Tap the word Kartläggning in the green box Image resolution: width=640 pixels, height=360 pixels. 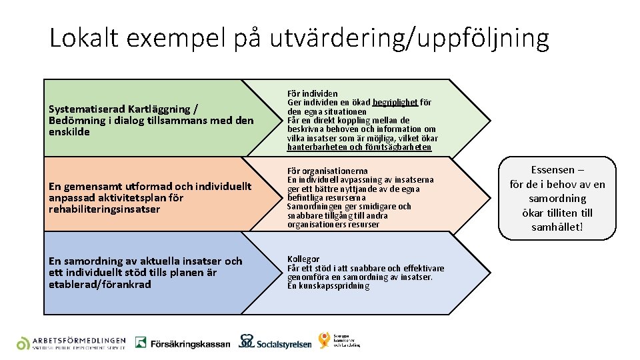click(x=156, y=109)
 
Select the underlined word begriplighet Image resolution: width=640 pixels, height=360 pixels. click(x=396, y=103)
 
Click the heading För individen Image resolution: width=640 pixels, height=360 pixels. click(x=312, y=93)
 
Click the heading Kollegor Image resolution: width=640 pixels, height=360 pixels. click(x=303, y=259)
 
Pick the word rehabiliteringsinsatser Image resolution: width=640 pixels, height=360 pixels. click(x=104, y=209)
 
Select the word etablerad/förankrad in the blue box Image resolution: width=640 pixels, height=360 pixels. click(x=100, y=285)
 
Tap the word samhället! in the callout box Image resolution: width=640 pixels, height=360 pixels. click(x=557, y=227)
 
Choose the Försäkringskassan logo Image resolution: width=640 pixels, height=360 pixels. click(x=183, y=343)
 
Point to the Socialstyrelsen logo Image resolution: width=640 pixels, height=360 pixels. click(x=275, y=343)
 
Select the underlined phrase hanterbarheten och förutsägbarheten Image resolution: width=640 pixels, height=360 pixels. click(x=359, y=147)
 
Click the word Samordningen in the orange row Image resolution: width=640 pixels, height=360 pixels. click(x=316, y=207)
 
